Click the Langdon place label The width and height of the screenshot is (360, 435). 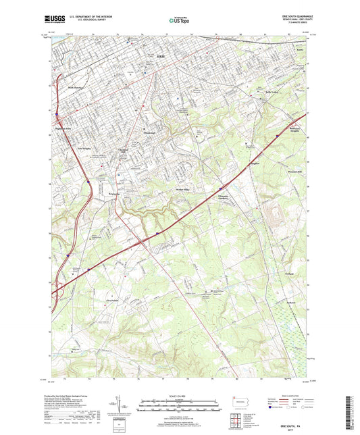click(274, 162)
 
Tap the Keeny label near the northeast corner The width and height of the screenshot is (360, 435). click(301, 50)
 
